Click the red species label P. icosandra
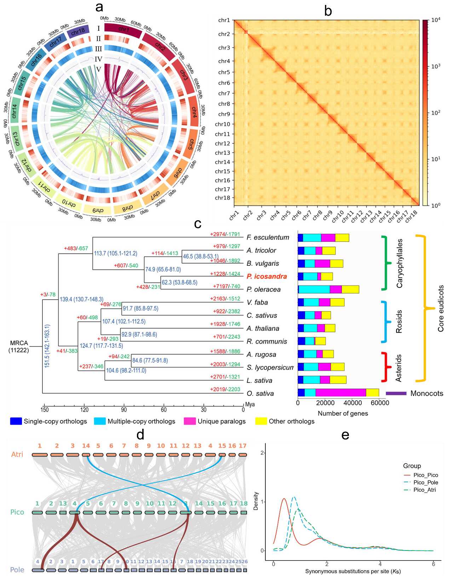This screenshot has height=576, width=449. pyautogui.click(x=266, y=277)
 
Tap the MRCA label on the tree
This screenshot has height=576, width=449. pyautogui.click(x=19, y=343)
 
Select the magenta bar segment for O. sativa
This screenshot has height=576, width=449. pyautogui.click(x=340, y=392)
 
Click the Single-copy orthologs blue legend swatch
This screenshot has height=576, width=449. pyautogui.click(x=16, y=421)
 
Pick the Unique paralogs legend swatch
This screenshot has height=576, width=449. pyautogui.click(x=190, y=421)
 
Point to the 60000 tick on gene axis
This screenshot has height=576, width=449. pyautogui.click(x=379, y=403)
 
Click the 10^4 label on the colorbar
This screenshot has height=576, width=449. pyautogui.click(x=436, y=20)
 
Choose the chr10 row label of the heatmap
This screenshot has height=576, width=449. pyautogui.click(x=222, y=124)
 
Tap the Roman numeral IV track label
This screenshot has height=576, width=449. pyautogui.click(x=98, y=59)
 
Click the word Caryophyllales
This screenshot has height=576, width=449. pyautogui.click(x=399, y=263)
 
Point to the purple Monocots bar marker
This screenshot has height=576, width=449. pyautogui.click(x=396, y=393)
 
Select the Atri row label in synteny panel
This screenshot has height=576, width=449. pyautogui.click(x=17, y=454)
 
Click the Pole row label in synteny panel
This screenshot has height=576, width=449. pyautogui.click(x=17, y=570)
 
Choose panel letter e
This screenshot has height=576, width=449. pyautogui.click(x=345, y=435)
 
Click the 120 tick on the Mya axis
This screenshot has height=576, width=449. pyautogui.click(x=84, y=410)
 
